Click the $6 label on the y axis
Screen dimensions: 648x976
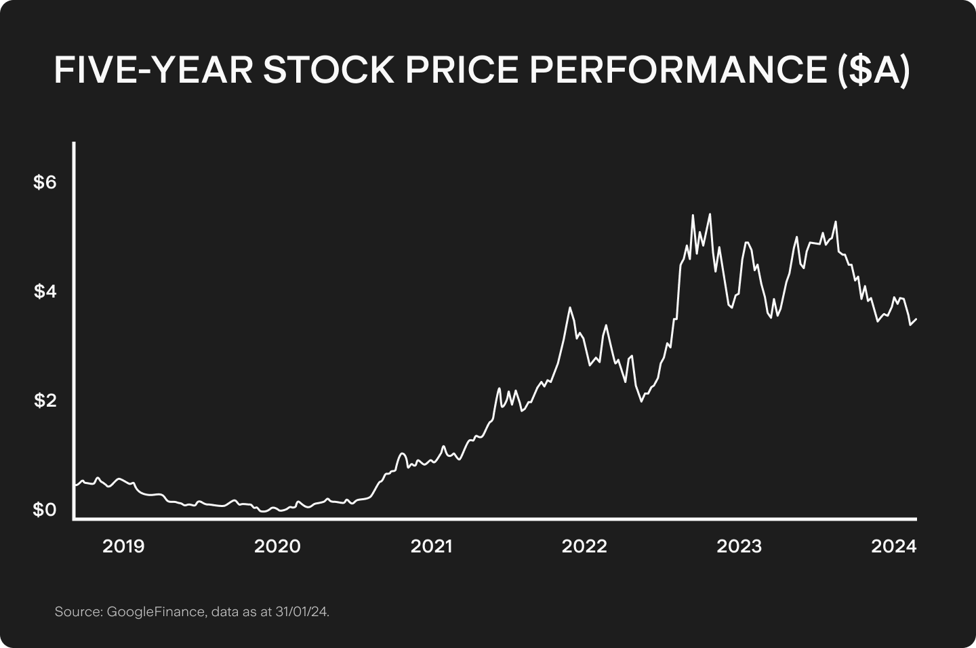45,182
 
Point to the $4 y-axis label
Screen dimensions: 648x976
45,291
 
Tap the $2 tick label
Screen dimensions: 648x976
45,401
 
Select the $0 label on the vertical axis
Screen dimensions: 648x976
45,510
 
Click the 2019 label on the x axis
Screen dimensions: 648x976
123,546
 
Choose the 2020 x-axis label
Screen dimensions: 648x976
277,546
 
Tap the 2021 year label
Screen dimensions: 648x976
432,546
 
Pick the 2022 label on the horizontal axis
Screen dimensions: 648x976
585,546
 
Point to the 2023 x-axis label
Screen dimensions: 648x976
739,546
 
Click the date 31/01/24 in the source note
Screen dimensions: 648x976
302,612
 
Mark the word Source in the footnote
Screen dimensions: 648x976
77,612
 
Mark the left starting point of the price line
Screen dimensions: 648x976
74,485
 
